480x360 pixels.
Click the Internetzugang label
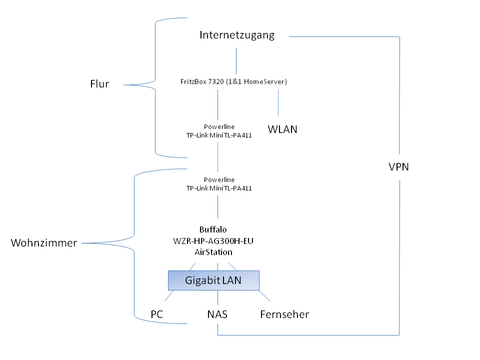coord(237,35)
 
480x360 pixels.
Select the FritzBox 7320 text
coord(233,81)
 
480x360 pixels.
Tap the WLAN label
coord(282,130)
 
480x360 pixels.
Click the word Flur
coord(99,84)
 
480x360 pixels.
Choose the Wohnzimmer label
coord(44,243)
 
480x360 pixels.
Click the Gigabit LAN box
coord(213,280)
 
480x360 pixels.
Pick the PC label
coord(157,314)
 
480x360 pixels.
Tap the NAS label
coord(217,314)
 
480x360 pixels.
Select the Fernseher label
coord(284,314)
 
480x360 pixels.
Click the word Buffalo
coord(213,230)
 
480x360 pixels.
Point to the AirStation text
coord(213,252)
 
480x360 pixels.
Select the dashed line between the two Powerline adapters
coord(217,156)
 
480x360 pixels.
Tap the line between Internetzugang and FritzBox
coord(236,61)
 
